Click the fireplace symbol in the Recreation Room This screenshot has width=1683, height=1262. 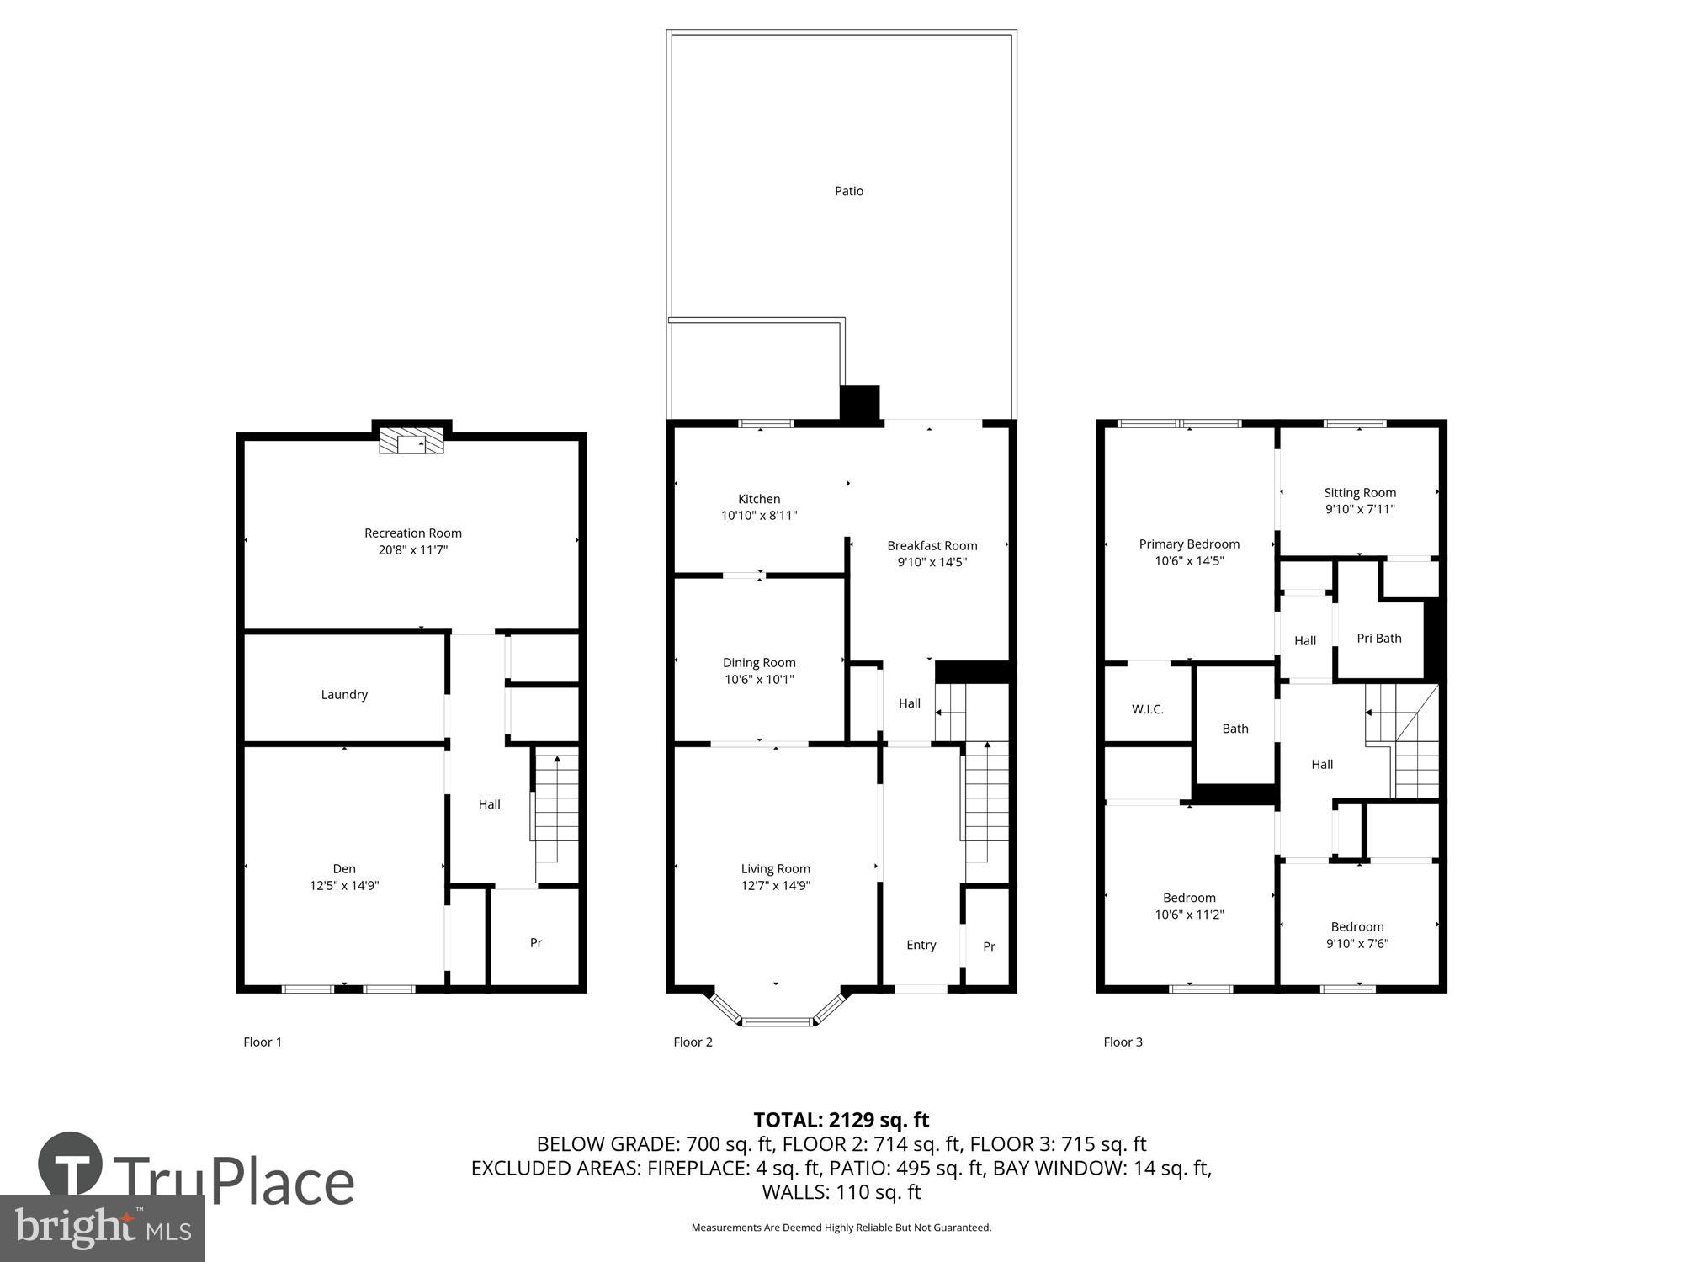click(411, 441)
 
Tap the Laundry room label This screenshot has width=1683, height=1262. click(344, 695)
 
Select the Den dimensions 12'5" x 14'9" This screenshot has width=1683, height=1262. click(344, 886)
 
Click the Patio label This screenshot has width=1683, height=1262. click(848, 192)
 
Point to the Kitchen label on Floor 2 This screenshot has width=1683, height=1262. click(759, 499)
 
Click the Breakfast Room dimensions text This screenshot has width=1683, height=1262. click(932, 563)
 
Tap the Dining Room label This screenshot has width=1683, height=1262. click(759, 663)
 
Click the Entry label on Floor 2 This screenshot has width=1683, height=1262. click(921, 945)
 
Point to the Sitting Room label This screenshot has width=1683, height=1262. click(1359, 493)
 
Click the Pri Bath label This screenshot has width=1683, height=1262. click(1378, 639)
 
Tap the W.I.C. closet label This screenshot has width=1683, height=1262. click(1147, 710)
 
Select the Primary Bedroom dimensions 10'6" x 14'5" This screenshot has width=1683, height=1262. click(1188, 561)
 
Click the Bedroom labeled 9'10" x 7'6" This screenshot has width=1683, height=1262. click(1356, 935)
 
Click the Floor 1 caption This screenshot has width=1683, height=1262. click(263, 1042)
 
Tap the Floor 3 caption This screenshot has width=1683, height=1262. click(1123, 1042)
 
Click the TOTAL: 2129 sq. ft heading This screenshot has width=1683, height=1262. click(841, 1120)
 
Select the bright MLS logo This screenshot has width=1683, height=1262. click(103, 1228)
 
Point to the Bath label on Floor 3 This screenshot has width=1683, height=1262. click(1234, 729)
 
